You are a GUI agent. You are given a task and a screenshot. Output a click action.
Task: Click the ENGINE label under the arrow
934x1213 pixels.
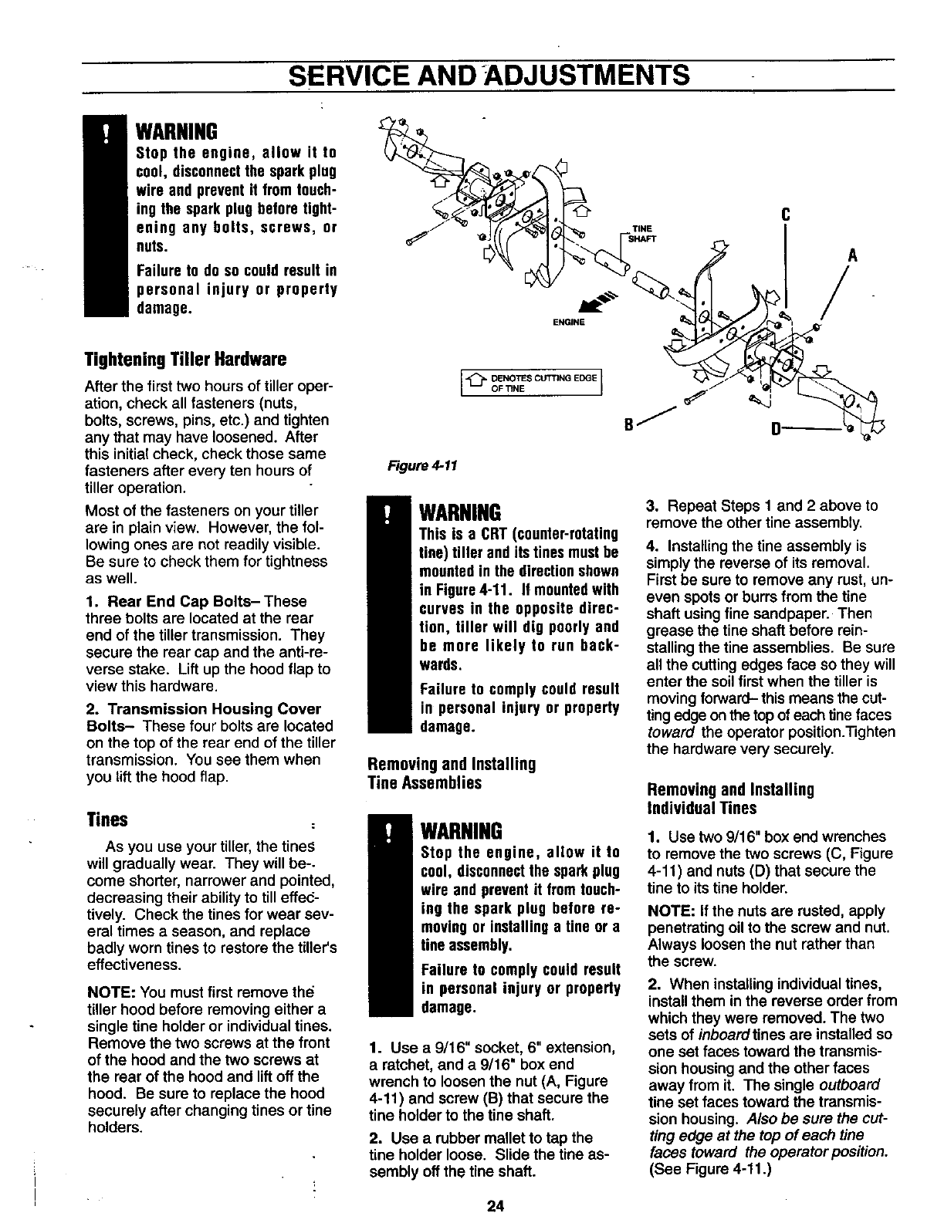click(x=570, y=323)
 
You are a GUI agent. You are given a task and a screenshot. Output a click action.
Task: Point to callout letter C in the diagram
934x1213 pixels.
click(x=784, y=217)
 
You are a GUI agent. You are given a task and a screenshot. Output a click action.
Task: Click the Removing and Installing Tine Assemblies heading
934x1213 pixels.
click(x=451, y=773)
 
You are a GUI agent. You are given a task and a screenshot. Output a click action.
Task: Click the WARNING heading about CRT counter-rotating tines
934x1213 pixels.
click(x=459, y=512)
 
